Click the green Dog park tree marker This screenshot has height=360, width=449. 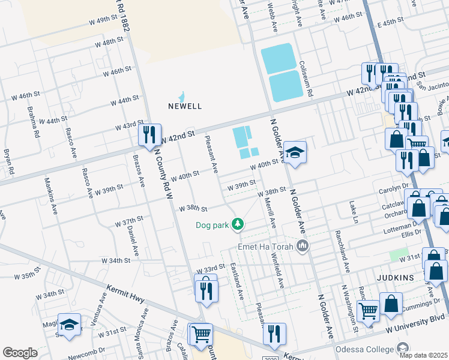[x=239, y=224]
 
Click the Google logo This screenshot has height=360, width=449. [x=20, y=352]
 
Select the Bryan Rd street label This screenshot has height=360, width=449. [x=8, y=163]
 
